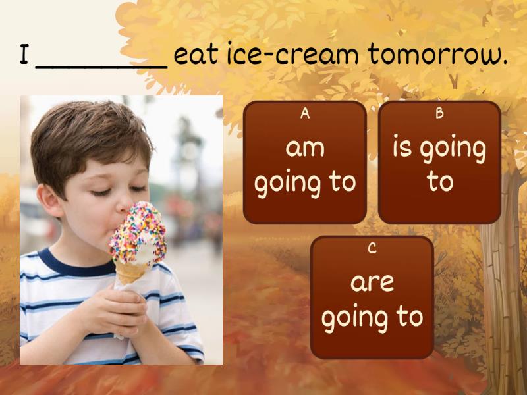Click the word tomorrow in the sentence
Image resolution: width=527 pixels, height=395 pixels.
(437, 54)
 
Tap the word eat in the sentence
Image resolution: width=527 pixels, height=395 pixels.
(196, 55)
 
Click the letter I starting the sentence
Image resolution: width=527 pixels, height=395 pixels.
(24, 54)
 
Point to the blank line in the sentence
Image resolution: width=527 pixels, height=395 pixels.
(101, 67)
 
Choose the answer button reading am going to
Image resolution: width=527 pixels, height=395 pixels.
(305, 163)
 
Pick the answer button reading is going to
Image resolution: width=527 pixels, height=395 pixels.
(439, 163)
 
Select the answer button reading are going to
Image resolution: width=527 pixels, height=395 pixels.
(372, 298)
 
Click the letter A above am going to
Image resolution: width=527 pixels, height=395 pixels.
(305, 113)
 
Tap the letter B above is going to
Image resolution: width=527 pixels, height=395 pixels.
(439, 113)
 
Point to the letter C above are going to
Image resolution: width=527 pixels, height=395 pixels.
(372, 248)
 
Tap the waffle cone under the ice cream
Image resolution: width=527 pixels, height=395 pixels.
(131, 272)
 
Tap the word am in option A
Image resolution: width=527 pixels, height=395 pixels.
(305, 148)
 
